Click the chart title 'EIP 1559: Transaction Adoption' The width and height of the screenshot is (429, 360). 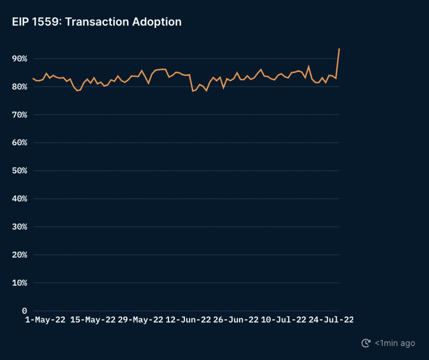point(97,22)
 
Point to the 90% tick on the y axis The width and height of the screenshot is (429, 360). point(19,59)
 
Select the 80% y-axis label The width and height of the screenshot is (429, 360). point(19,87)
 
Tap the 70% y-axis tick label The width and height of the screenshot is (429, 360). point(19,115)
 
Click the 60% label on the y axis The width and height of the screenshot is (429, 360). point(19,143)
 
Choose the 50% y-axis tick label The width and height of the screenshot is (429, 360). point(19,171)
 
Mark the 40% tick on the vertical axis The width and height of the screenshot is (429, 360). point(19,199)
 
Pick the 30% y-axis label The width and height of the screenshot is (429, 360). point(19,227)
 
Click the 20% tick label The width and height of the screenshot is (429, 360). point(19,255)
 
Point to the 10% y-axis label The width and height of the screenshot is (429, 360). point(19,283)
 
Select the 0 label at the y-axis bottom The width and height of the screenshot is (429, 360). point(24,311)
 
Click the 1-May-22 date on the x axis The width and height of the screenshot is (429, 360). point(45,320)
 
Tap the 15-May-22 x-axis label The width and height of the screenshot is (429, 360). point(93,320)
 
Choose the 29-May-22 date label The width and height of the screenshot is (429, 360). point(140,320)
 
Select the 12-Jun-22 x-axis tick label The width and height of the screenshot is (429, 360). point(188,320)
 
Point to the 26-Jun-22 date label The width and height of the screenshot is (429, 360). point(236,320)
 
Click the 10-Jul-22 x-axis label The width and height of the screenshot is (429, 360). point(284,320)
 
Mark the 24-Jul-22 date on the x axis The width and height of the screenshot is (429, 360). point(331,320)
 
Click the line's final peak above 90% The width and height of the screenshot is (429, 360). point(339,49)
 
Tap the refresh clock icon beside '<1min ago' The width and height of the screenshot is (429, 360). point(366,343)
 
